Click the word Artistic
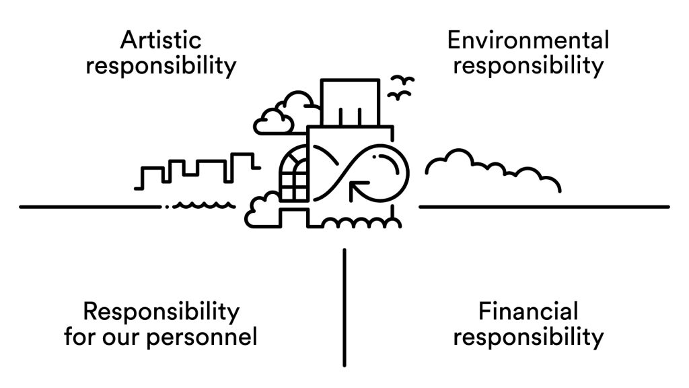161,40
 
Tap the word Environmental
528,40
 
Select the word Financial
528,312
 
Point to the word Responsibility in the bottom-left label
161,312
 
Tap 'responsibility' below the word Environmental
528,66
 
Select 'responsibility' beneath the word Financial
528,336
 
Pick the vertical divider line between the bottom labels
344,307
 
